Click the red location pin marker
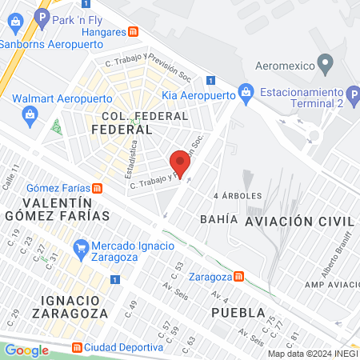pyautogui.click(x=180, y=163)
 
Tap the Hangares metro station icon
pyautogui.click(x=134, y=32)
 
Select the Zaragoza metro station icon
pyautogui.click(x=238, y=276)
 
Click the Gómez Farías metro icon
pyautogui.click(x=97, y=188)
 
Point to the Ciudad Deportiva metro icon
pyautogui.click(x=77, y=347)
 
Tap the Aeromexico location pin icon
pyautogui.click(x=325, y=63)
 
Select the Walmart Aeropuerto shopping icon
pyautogui.click(x=30, y=114)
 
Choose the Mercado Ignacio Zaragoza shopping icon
pyautogui.click(x=79, y=246)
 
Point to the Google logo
pyautogui.click(x=27, y=350)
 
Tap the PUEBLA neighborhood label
pyautogui.click(x=238, y=312)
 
